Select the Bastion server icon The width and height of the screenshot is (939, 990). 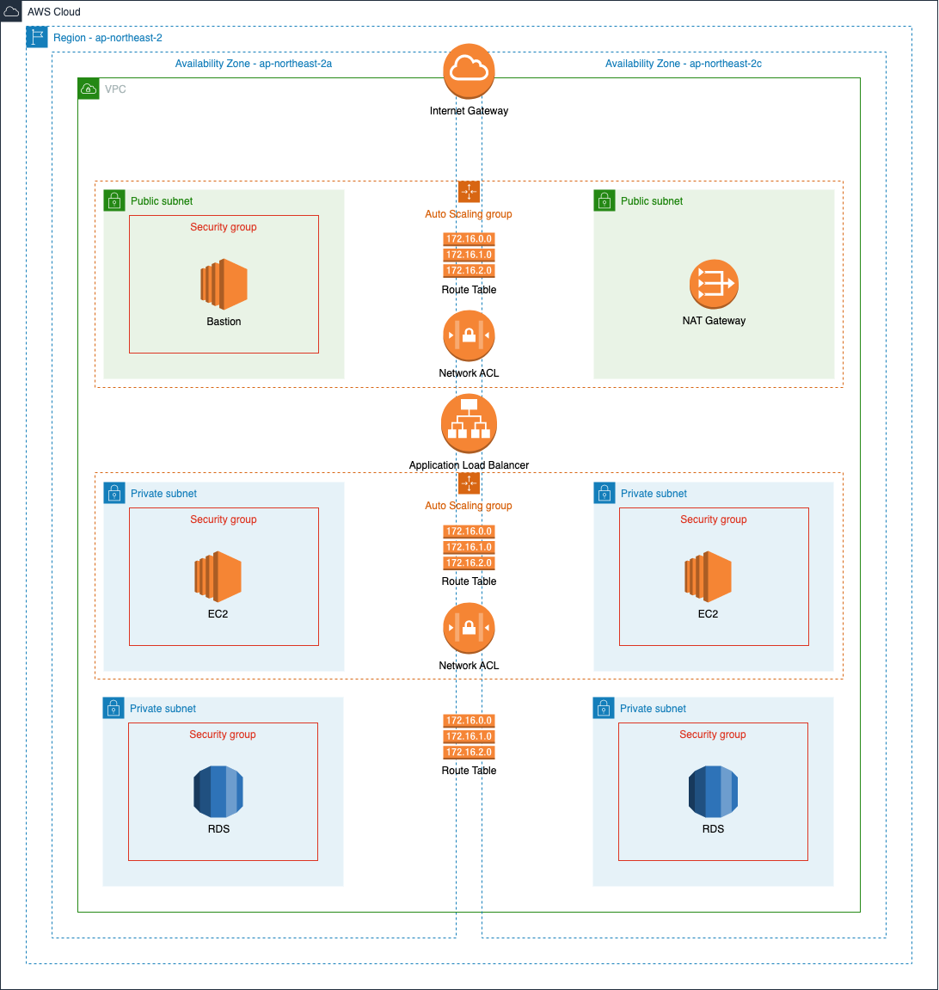[x=224, y=284]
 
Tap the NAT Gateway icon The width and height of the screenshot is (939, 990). [x=714, y=285]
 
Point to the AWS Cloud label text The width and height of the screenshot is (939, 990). [x=54, y=12]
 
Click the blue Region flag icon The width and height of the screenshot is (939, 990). [x=37, y=37]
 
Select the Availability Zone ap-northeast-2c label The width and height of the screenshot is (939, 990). [x=683, y=64]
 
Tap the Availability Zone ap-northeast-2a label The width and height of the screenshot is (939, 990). [x=254, y=64]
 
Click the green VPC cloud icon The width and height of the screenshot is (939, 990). [x=89, y=89]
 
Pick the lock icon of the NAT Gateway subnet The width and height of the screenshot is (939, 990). [x=605, y=200]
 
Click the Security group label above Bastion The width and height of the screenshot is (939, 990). [x=224, y=227]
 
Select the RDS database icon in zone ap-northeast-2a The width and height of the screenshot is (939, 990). [x=218, y=791]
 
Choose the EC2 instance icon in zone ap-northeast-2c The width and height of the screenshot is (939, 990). [x=708, y=576]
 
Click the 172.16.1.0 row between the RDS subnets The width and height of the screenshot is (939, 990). [x=469, y=736]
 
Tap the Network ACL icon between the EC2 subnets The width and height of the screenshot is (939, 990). [x=469, y=629]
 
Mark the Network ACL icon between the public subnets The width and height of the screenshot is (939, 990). [x=469, y=336]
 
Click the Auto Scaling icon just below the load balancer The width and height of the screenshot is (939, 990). [x=469, y=483]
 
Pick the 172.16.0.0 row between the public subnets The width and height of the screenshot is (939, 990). [x=469, y=239]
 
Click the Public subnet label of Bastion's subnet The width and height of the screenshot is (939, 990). [x=162, y=201]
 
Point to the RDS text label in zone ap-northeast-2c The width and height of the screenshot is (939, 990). [x=713, y=829]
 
